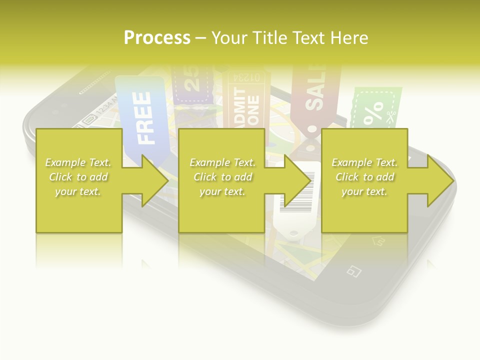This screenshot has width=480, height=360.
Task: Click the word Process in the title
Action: pyautogui.click(x=157, y=38)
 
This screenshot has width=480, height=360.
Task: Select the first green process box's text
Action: pyautogui.click(x=78, y=177)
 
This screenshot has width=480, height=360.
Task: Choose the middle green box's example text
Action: pyautogui.click(x=222, y=177)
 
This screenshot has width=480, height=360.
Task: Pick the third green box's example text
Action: pyautogui.click(x=364, y=177)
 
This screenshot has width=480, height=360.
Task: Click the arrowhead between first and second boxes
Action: pyautogui.click(x=155, y=181)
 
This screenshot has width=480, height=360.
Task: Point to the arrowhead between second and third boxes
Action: pyautogui.click(x=298, y=181)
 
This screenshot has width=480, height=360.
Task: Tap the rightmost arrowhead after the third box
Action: pyautogui.click(x=441, y=181)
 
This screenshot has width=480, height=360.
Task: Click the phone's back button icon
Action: pyautogui.click(x=353, y=271)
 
